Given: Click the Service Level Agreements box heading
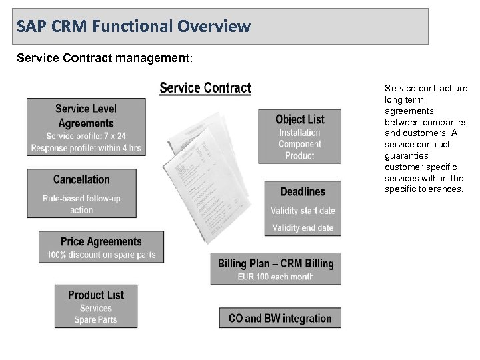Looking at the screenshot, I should [85, 116].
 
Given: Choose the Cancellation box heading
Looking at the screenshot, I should [81, 179].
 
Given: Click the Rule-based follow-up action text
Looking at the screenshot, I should [81, 204].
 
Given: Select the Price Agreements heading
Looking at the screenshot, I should [101, 241].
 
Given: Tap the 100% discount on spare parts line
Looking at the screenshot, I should [101, 254].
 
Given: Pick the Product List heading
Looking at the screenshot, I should [96, 295].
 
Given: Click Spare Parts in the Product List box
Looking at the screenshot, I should [96, 320].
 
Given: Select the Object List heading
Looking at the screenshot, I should [300, 119].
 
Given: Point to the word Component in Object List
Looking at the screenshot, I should [299, 144].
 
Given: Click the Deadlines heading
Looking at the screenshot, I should [303, 192].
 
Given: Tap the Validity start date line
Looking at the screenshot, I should [302, 211].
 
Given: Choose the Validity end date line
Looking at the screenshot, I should [302, 228].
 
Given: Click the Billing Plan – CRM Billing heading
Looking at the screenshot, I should [275, 263].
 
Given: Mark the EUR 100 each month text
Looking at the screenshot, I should [275, 276].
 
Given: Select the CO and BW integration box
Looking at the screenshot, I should [280, 318].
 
